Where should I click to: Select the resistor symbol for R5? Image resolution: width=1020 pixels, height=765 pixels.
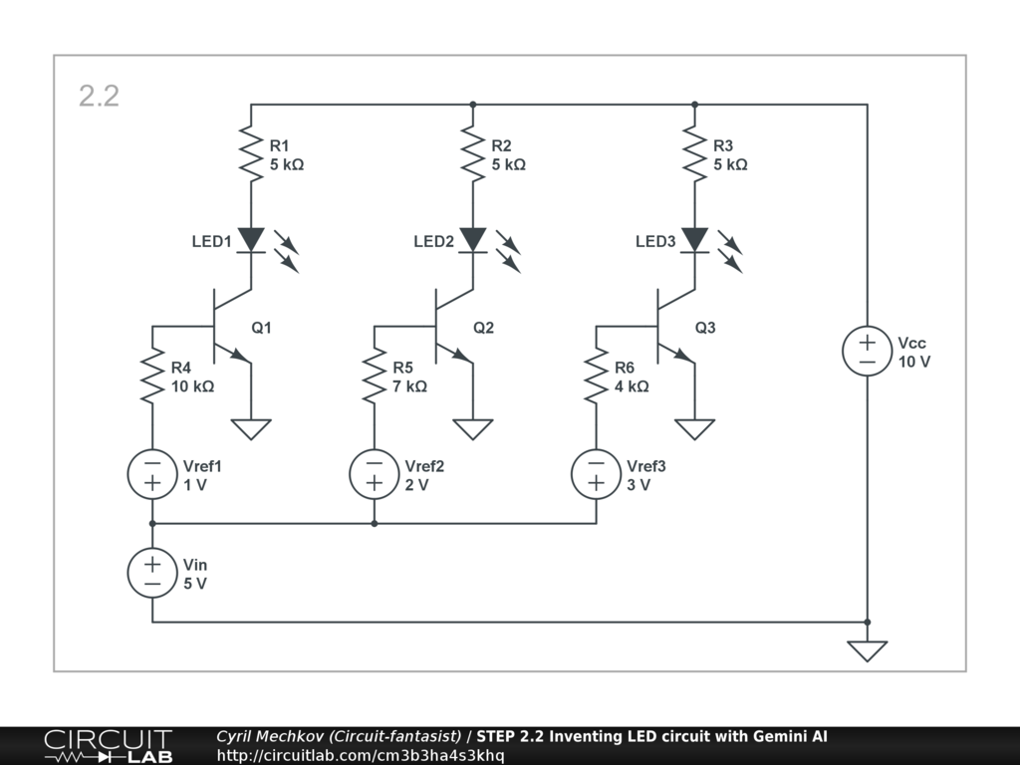(x=375, y=376)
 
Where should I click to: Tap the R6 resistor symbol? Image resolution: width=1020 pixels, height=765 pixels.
(x=597, y=376)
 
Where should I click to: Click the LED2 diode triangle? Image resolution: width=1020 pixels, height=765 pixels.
(x=473, y=240)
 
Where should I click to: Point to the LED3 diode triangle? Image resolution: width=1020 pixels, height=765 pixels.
(x=695, y=240)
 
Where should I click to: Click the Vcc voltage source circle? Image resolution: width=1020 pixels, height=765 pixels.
(x=868, y=352)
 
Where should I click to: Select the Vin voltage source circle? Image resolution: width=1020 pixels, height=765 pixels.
(x=152, y=573)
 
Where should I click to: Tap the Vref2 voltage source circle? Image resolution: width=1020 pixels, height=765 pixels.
(x=375, y=474)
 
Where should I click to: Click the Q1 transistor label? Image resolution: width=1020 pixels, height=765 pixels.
(x=261, y=327)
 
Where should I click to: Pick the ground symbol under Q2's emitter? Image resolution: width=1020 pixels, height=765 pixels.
(x=473, y=429)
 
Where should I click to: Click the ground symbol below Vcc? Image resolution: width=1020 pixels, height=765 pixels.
(x=868, y=650)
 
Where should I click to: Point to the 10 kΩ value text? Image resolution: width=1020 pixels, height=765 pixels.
(x=192, y=386)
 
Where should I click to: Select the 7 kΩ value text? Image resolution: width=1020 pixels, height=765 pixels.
(x=409, y=386)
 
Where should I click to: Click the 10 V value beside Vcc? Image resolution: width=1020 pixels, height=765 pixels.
(x=914, y=362)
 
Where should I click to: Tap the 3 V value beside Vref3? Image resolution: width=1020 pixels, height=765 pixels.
(x=638, y=485)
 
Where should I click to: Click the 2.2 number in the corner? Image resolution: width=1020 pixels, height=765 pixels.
(x=99, y=96)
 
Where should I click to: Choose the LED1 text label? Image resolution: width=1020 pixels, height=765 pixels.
(x=212, y=241)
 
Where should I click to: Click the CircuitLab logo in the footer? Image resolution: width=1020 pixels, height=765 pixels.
(x=108, y=746)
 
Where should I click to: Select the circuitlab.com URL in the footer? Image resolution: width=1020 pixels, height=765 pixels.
(x=361, y=755)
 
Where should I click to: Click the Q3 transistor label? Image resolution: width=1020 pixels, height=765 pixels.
(x=705, y=327)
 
